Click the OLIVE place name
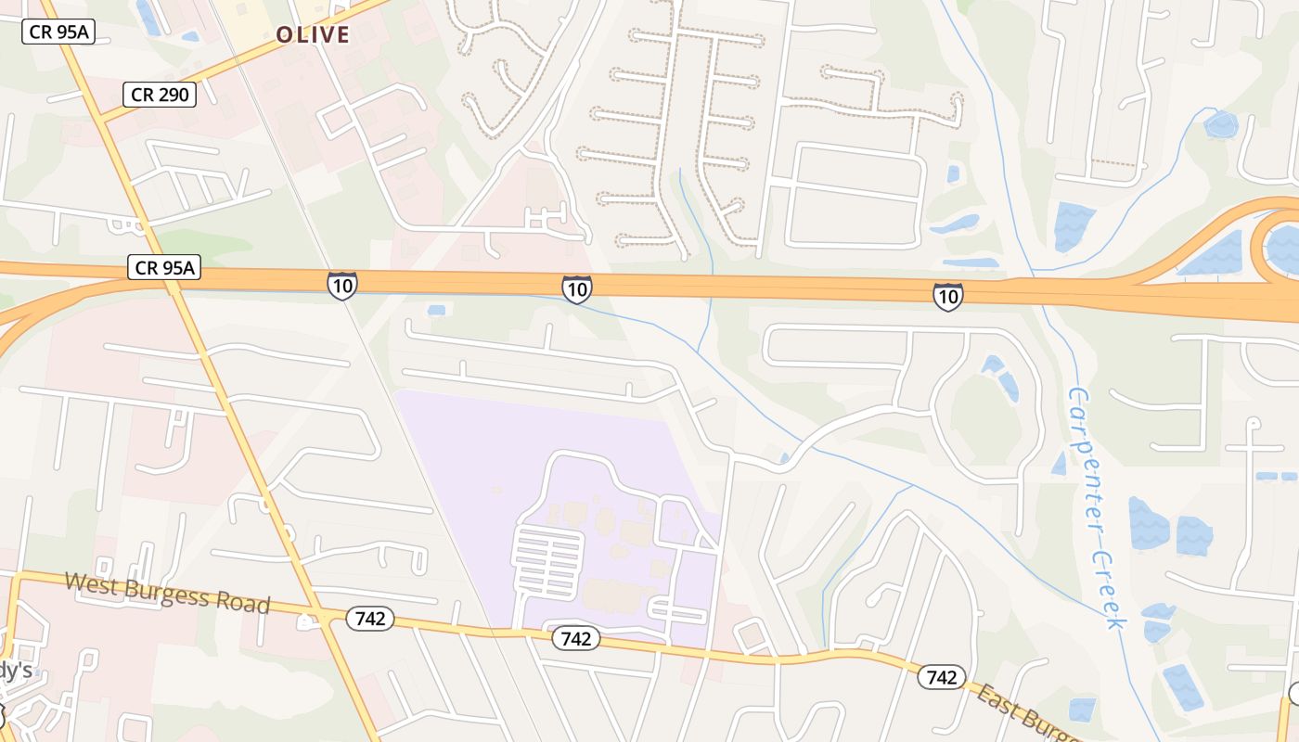tap(313, 35)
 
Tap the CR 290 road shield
tap(160, 94)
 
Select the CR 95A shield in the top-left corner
tap(58, 32)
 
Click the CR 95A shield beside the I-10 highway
tap(163, 268)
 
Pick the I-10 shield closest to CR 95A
tap(341, 286)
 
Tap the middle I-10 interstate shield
tap(576, 289)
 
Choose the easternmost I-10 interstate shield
tap(947, 297)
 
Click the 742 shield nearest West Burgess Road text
tap(370, 619)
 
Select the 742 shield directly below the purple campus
tap(575, 639)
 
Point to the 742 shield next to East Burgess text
tap(941, 677)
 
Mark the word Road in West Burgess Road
tap(245, 605)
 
